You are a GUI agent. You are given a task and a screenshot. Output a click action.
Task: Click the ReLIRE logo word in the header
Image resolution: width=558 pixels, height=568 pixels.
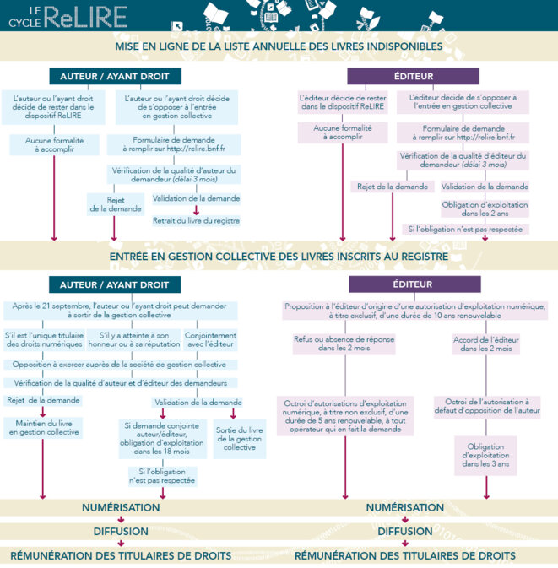click(x=86, y=17)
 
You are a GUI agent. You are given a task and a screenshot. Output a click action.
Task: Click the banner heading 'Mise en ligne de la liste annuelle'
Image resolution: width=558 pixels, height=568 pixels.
click(x=279, y=46)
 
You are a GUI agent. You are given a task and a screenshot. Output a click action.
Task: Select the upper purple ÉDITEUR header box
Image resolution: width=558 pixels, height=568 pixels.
click(x=413, y=76)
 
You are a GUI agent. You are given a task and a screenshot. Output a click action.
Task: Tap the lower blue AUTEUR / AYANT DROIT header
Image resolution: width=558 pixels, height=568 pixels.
click(x=115, y=284)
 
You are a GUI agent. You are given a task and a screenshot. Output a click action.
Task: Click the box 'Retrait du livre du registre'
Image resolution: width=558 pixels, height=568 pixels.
click(x=196, y=220)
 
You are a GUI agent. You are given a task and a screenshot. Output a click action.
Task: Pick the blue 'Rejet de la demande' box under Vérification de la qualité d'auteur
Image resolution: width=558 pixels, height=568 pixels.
click(x=116, y=204)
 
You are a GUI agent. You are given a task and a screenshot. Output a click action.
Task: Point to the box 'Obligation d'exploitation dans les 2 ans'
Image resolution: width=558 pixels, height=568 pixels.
click(x=485, y=209)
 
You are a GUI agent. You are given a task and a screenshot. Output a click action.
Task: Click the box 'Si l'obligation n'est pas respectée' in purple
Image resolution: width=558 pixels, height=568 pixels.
click(x=465, y=230)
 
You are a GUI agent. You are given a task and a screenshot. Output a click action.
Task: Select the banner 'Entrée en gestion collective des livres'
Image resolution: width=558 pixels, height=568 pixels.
click(x=279, y=257)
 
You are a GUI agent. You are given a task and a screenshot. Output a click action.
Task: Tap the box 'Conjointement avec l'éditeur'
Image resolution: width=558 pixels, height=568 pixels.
click(x=210, y=340)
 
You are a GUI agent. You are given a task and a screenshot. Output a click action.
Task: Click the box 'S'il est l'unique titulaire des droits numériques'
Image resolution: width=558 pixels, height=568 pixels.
click(x=44, y=340)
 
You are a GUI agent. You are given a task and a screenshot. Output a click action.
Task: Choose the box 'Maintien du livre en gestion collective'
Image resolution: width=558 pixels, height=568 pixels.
click(x=44, y=428)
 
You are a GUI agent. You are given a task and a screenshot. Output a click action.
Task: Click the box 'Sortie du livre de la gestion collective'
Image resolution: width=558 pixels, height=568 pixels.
click(x=240, y=439)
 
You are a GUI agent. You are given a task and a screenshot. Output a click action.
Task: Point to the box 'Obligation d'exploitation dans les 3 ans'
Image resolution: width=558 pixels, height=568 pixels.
click(x=485, y=456)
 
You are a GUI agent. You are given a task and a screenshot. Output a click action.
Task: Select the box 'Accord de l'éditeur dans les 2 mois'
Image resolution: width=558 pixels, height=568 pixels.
click(x=486, y=344)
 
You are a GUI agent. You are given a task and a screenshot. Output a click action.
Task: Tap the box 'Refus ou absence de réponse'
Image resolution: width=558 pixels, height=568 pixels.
click(x=344, y=344)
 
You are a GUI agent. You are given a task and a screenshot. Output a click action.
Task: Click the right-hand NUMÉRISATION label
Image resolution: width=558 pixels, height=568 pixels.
click(x=404, y=507)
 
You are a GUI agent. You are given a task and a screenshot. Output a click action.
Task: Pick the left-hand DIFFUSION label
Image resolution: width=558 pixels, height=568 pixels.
click(x=121, y=532)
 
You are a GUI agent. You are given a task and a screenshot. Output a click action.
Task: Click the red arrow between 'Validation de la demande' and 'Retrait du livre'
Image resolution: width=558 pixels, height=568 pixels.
click(x=196, y=210)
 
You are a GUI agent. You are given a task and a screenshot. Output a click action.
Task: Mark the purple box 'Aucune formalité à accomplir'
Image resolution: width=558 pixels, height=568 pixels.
click(x=343, y=133)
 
